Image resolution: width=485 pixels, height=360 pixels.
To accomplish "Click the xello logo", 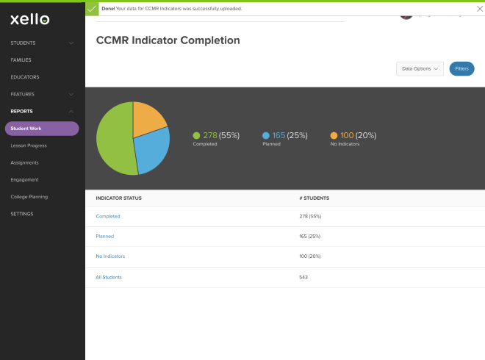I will [x=30, y=19].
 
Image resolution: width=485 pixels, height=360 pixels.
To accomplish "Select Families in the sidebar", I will [x=21, y=60].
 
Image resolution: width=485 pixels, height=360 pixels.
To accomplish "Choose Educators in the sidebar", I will [x=25, y=77].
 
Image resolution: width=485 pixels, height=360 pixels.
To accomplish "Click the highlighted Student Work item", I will [x=42, y=129].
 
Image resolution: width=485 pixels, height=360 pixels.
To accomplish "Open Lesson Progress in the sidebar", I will [x=29, y=145].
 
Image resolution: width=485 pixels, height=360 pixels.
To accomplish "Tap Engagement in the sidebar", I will [x=24, y=179].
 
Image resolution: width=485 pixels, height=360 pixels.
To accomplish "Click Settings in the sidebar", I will [x=22, y=214].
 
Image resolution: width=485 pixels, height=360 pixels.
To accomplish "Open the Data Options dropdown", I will [x=420, y=68].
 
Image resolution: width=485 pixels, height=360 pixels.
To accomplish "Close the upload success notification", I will [x=480, y=8].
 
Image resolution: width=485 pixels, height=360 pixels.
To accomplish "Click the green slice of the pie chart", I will [x=114, y=143].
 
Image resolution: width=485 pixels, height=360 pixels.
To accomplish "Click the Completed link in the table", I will [x=108, y=216].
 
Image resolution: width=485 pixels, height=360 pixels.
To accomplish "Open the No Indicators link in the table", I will [x=110, y=256].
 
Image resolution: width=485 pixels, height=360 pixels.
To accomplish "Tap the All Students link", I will [x=109, y=277].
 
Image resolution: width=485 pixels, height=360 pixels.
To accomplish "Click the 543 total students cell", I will [x=303, y=277].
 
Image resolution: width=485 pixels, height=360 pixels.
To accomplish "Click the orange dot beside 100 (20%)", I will [x=334, y=135].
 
